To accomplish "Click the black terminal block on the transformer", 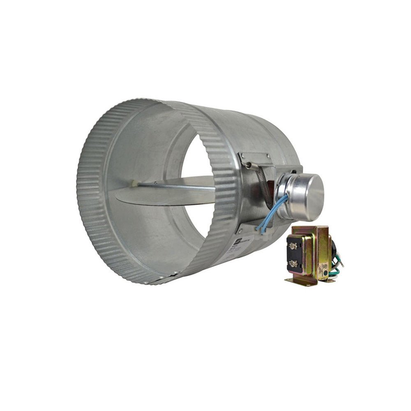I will tap(293, 255).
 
